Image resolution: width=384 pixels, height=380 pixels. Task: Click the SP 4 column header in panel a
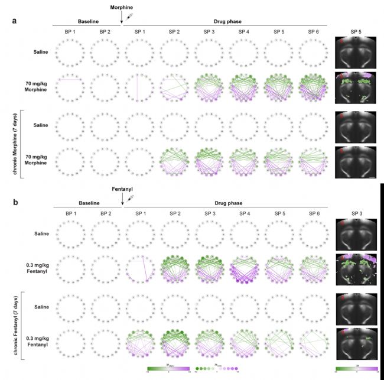coord(244,31)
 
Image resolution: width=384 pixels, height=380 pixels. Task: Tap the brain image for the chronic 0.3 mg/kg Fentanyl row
coord(355,341)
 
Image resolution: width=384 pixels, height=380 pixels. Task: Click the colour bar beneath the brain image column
coord(356,369)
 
